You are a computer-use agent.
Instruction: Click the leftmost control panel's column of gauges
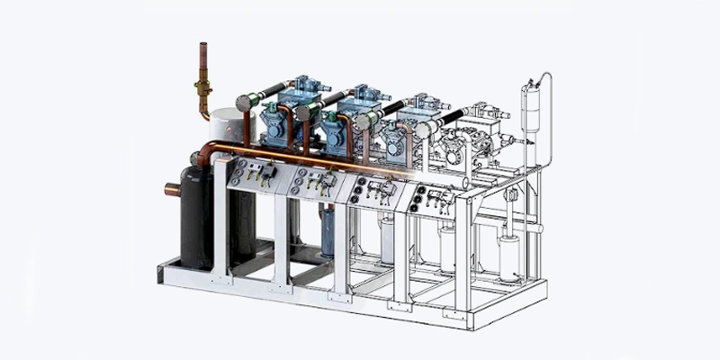235,174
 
